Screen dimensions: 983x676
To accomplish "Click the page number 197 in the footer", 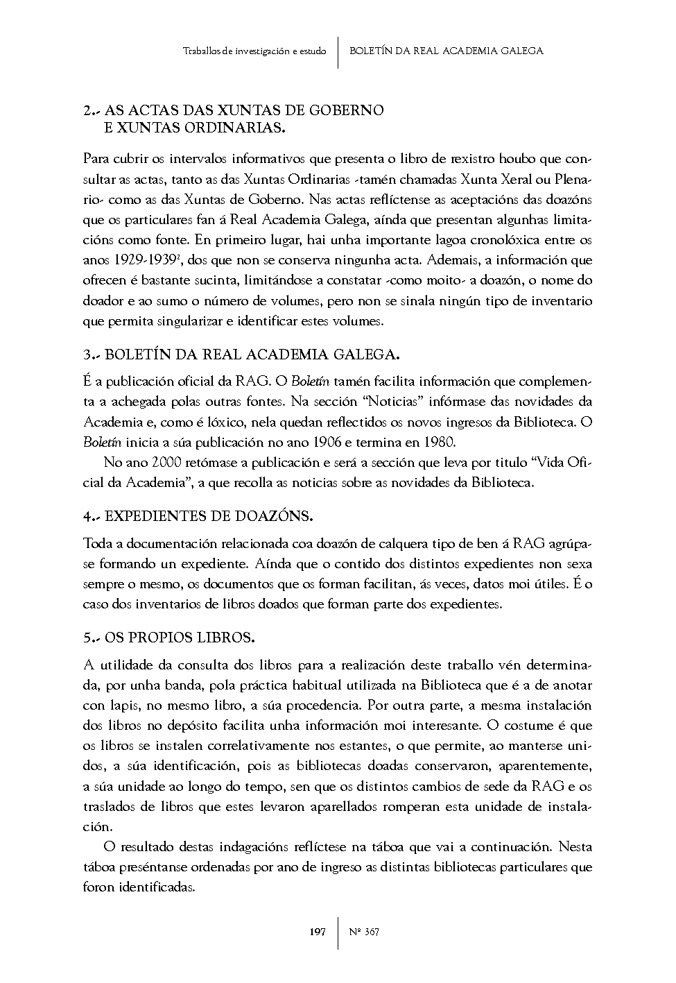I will (318, 932).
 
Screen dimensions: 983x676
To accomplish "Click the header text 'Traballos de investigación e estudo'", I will (254, 51).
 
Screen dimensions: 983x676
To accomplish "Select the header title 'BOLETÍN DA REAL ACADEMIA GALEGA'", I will (447, 51).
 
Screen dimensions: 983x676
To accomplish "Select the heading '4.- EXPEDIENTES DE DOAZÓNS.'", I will (198, 516).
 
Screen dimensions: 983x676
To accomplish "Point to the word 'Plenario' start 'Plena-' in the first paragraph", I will (575, 180).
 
